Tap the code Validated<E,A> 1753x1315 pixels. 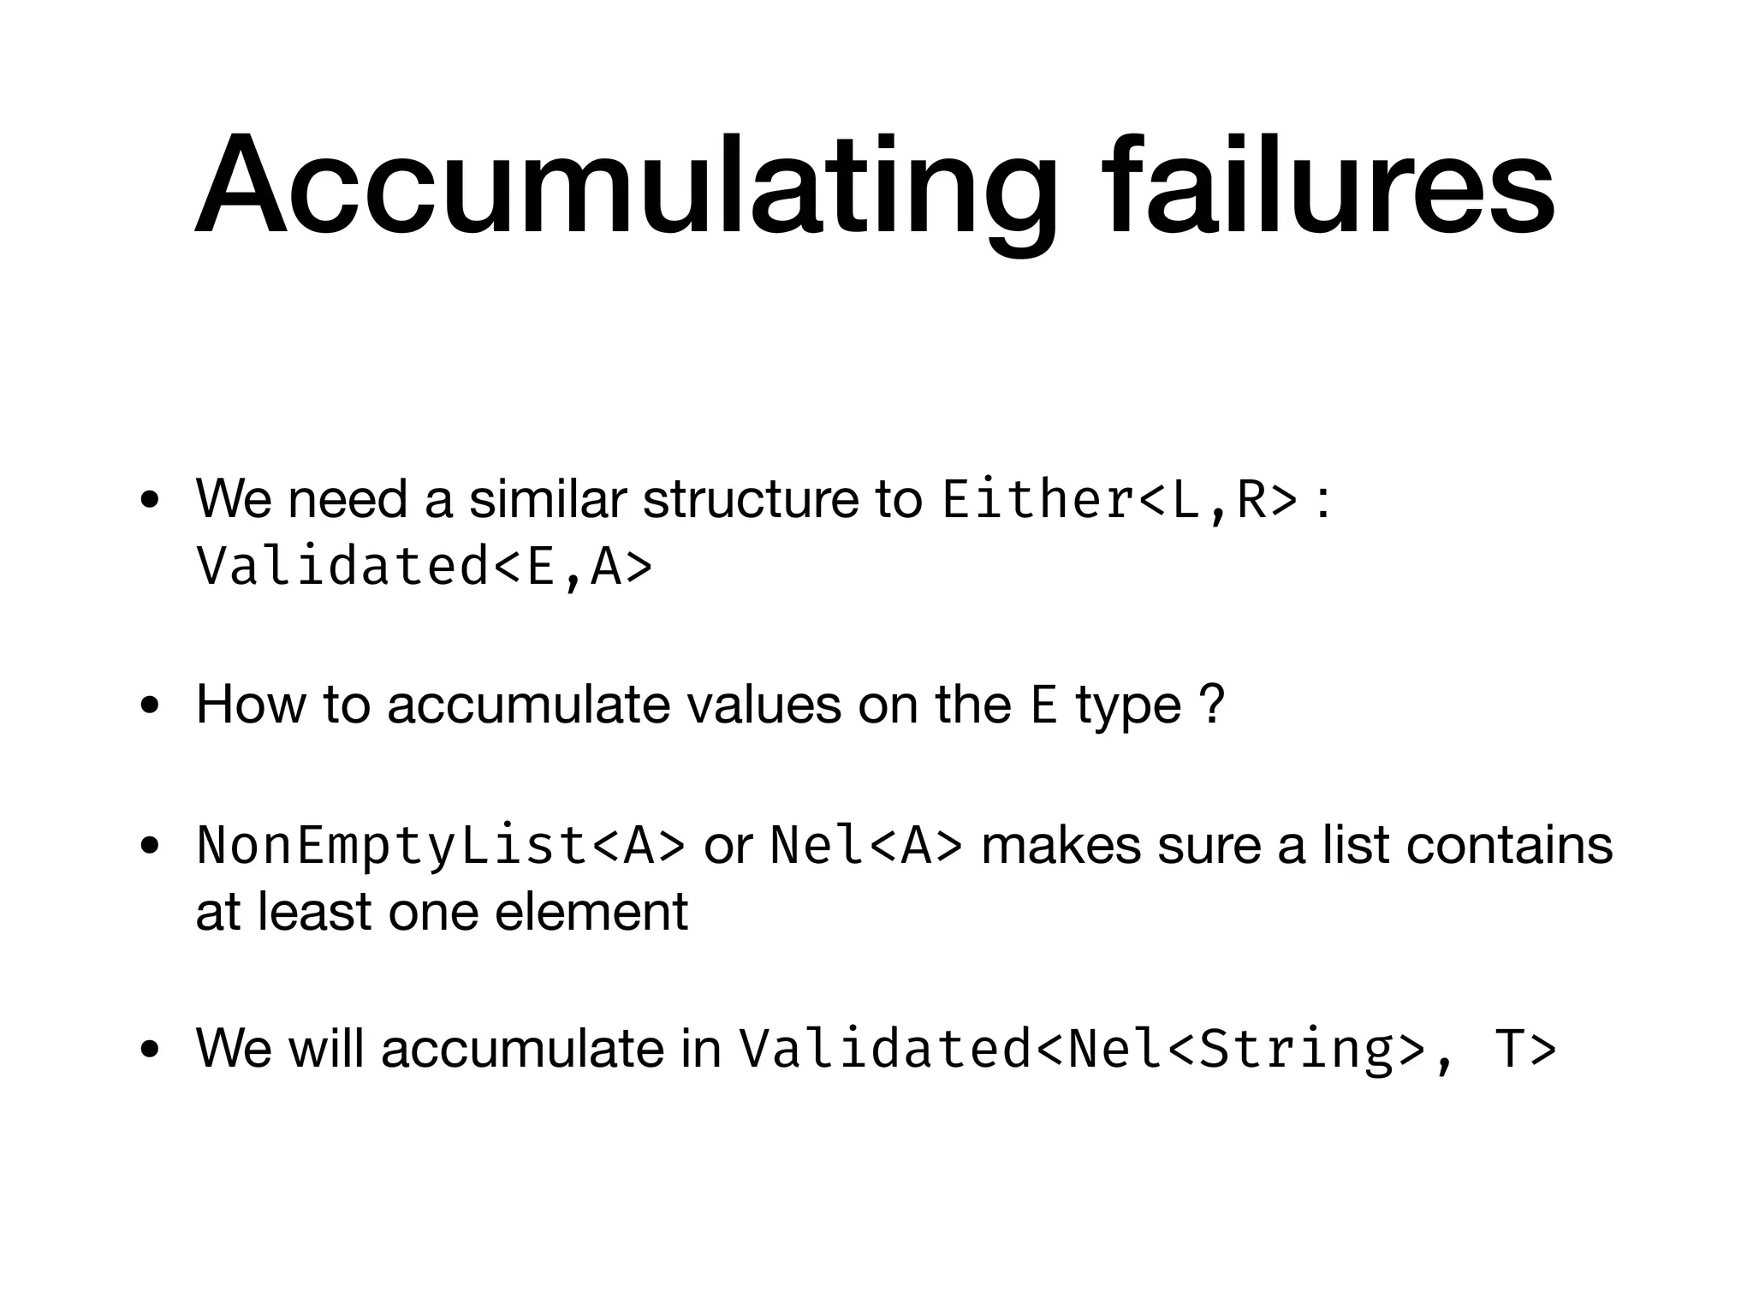pos(425,567)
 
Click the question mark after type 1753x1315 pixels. pos(1212,705)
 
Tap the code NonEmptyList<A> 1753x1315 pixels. pos(441,846)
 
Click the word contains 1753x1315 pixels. pos(1509,845)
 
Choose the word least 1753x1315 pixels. pos(315,912)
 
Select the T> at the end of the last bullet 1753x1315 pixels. pos(1525,1050)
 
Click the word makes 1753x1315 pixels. pos(1061,845)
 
